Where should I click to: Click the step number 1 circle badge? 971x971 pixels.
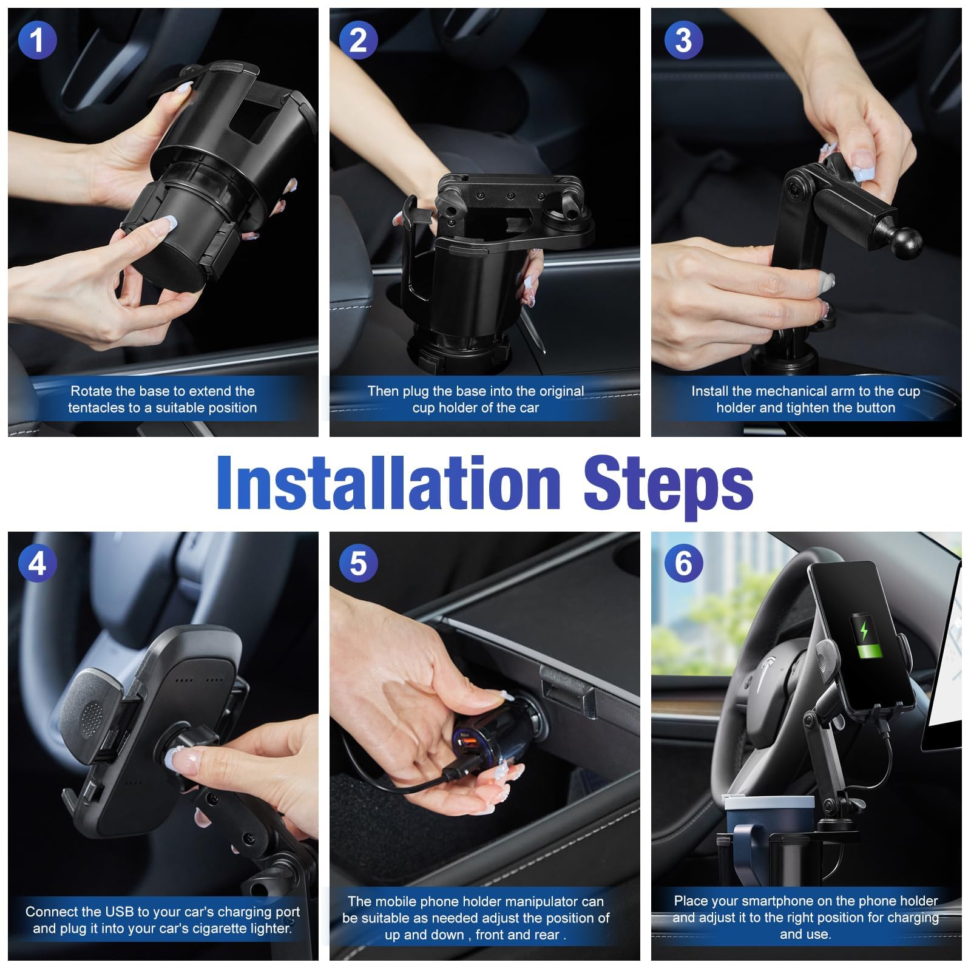[37, 40]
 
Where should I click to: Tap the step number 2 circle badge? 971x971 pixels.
[358, 40]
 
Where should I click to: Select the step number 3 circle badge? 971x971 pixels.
[683, 40]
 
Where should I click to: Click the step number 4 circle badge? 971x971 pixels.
[37, 563]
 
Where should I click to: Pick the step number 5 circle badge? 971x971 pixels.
[358, 563]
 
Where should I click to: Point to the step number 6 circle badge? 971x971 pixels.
[683, 563]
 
